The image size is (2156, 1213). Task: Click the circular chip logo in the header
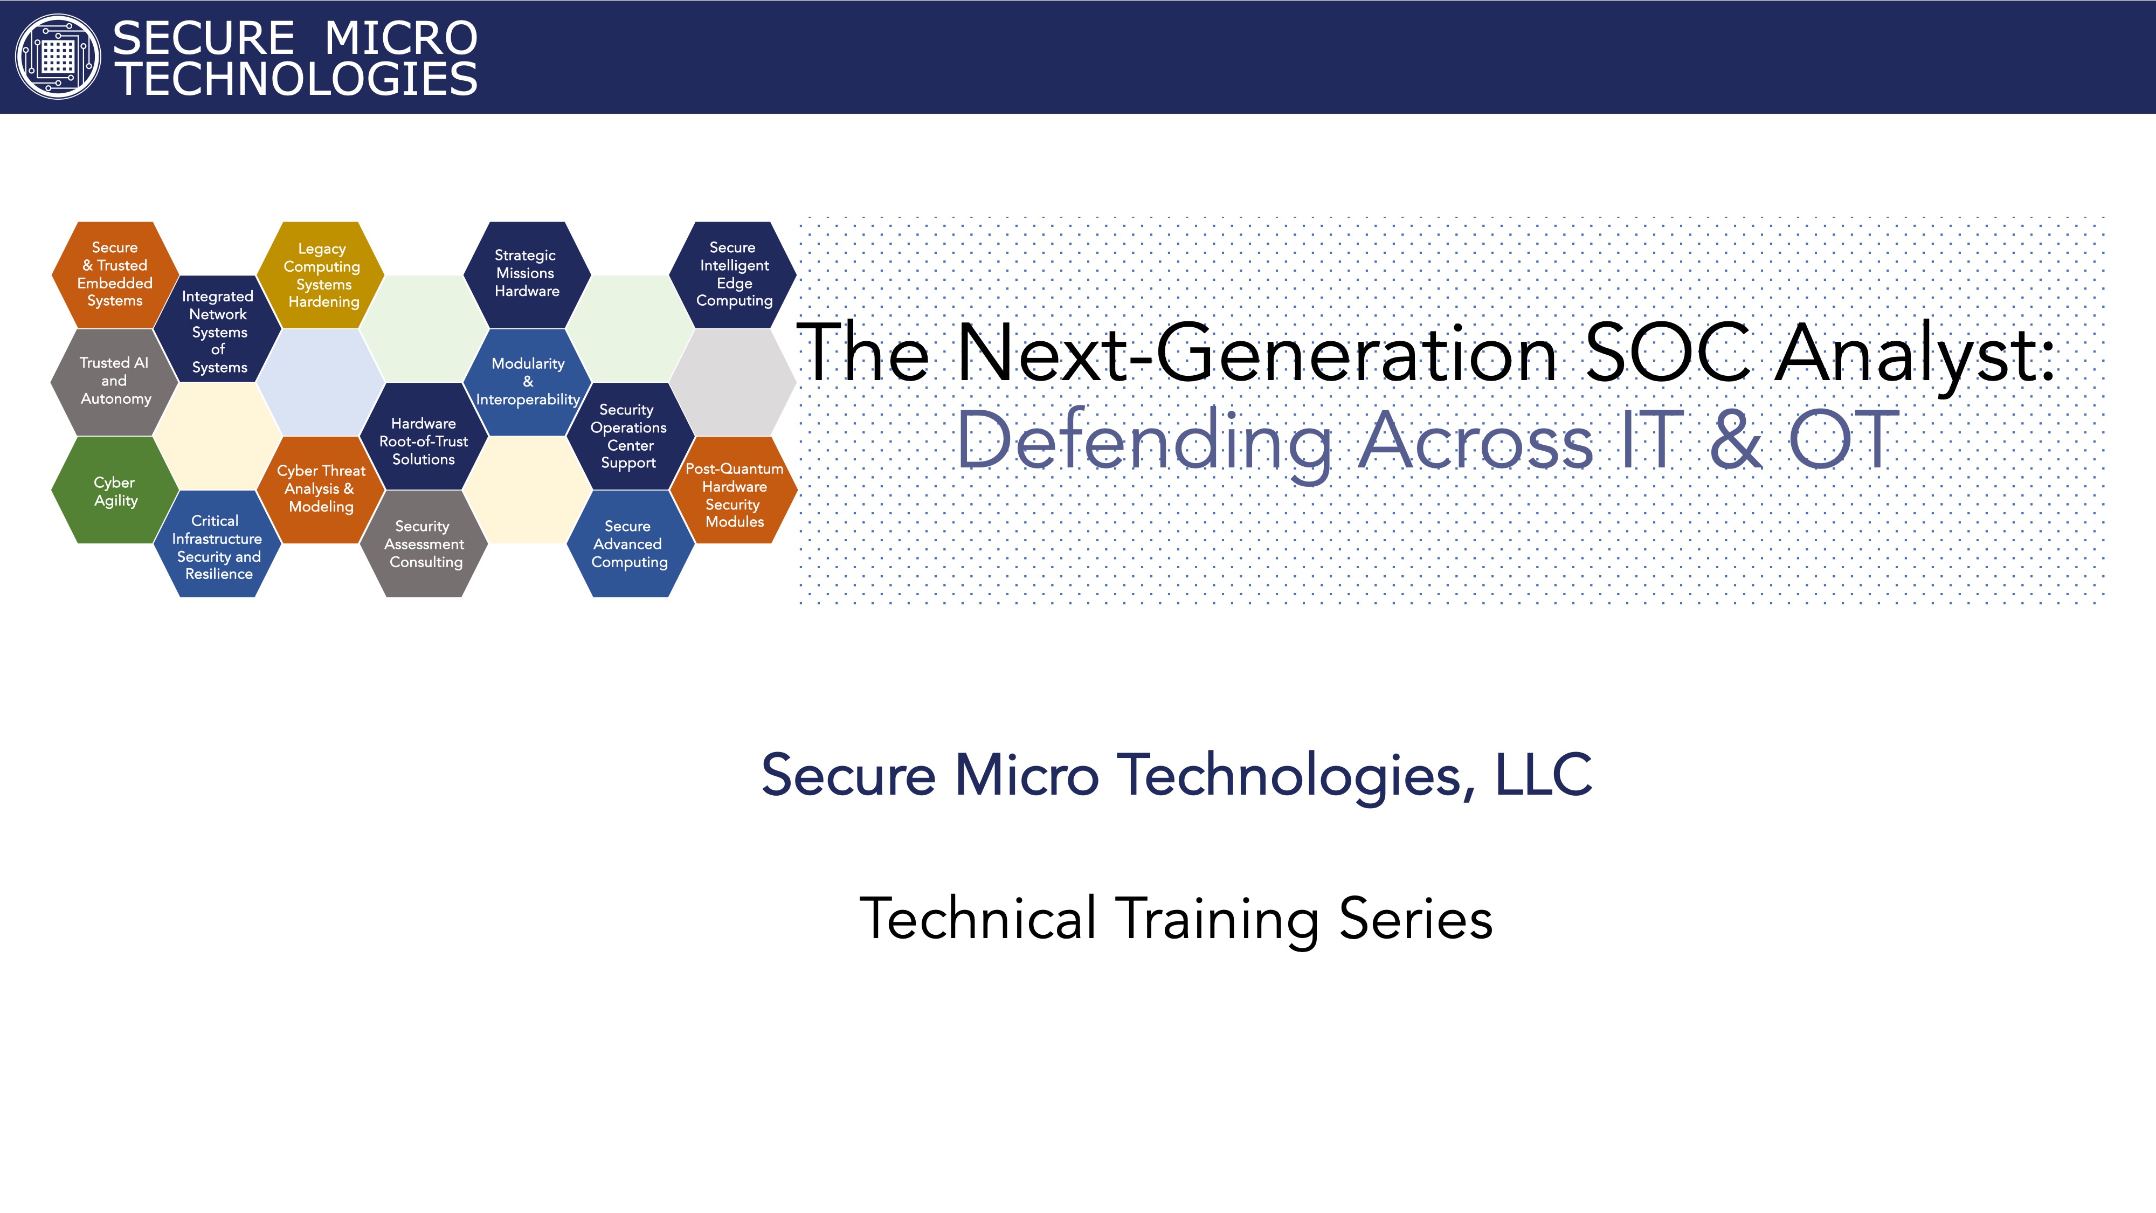(x=58, y=57)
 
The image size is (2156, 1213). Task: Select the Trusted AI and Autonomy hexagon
(x=115, y=382)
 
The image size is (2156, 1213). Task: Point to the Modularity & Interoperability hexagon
(x=527, y=382)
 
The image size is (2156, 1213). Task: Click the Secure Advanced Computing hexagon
(x=630, y=543)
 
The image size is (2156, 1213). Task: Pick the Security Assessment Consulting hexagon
(x=424, y=543)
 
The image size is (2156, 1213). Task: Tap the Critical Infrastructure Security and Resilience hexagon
(x=218, y=543)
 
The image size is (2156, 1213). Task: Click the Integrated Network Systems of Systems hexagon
(x=218, y=329)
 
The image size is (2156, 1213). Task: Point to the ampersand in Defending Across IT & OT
(x=1736, y=439)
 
